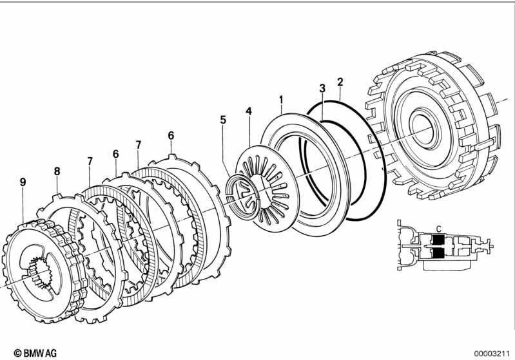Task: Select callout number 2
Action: coord(340,82)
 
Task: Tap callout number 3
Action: coord(322,88)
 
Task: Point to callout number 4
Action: coord(248,111)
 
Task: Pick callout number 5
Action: coord(223,120)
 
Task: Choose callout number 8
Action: coord(57,171)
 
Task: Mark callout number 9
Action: coord(23,183)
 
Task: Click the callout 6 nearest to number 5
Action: coord(171,135)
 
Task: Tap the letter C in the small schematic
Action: coord(439,228)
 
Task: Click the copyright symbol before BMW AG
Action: coord(8,353)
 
